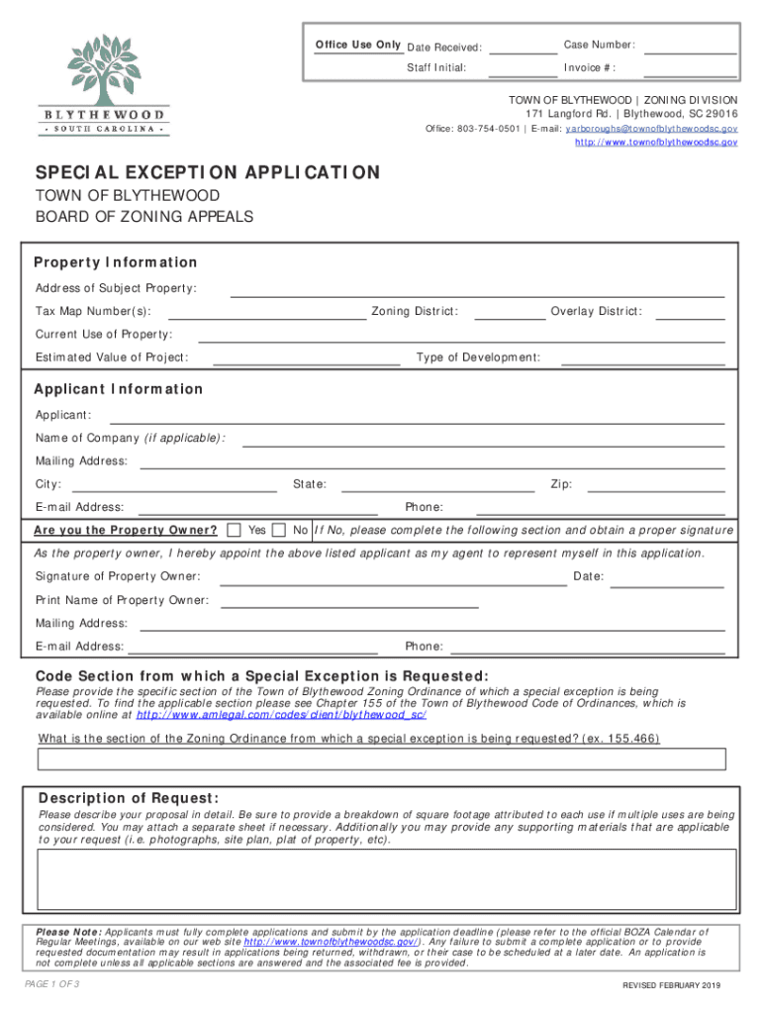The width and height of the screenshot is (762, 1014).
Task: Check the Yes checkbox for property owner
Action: pos(235,530)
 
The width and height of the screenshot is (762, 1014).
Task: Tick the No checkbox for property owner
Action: pos(279,530)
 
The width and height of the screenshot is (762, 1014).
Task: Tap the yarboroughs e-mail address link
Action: pos(650,129)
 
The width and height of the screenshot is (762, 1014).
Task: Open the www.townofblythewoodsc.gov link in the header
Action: pos(656,143)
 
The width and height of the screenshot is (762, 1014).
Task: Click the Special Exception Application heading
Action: pos(207,173)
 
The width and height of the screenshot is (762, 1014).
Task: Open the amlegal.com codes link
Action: pos(281,715)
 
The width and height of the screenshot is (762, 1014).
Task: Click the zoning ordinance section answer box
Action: pos(381,760)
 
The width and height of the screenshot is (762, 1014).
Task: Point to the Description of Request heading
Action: pos(129,799)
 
